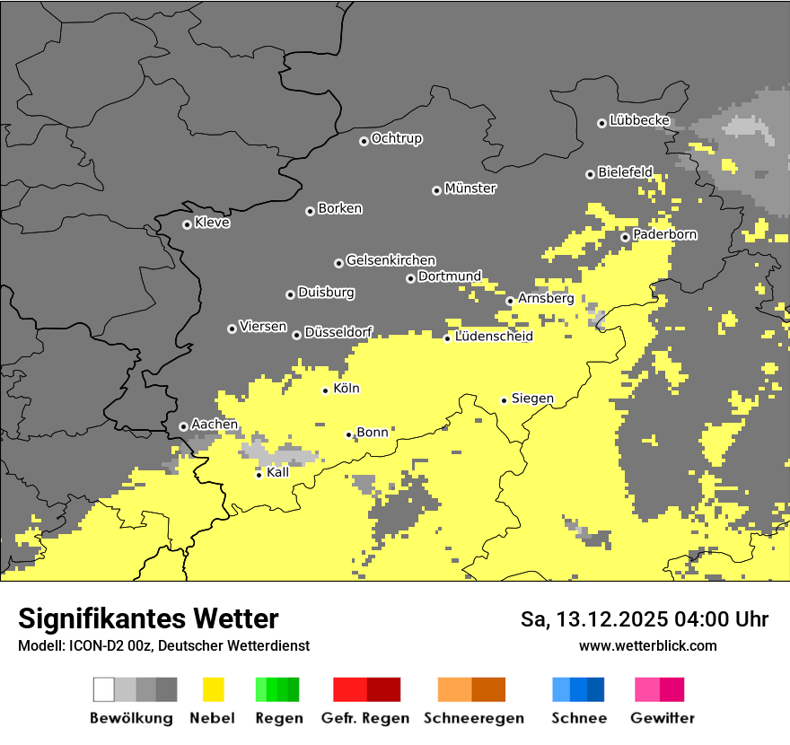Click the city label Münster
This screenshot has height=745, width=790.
tap(470, 188)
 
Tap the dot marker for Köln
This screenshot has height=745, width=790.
tap(326, 390)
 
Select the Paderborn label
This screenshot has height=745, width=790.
tap(664, 234)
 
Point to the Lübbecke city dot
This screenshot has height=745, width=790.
tap(602, 123)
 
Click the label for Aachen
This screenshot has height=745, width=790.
tap(215, 425)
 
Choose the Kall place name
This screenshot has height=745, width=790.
tap(277, 472)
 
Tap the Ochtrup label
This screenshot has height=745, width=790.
tap(397, 138)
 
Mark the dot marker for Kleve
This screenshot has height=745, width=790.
tap(187, 224)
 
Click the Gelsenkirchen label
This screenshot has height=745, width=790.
tap(391, 260)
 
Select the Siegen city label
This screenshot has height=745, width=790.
tap(532, 398)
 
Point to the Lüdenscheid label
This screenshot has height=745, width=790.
tap(494, 337)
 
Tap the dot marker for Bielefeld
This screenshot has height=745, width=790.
tap(590, 174)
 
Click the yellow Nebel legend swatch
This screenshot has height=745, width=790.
tap(214, 689)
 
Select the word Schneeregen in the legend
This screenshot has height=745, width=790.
tap(473, 718)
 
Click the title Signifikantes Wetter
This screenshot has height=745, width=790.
tap(148, 619)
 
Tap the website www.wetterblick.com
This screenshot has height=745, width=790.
tap(647, 645)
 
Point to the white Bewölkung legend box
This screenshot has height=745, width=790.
tap(104, 689)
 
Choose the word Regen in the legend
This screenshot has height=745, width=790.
tap(277, 718)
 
